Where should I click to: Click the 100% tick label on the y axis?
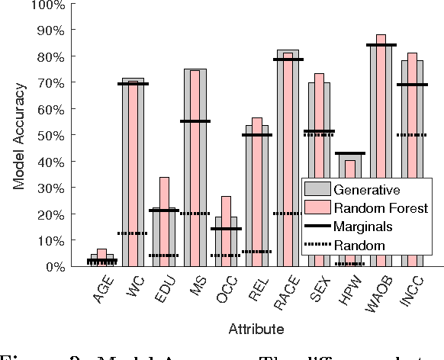pyautogui.click(x=48, y=5)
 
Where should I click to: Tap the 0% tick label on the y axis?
pyautogui.click(x=53, y=266)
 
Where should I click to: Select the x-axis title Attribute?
pyautogui.click(x=256, y=329)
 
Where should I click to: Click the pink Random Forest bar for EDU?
pyautogui.click(x=164, y=221)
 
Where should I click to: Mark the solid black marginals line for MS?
pyautogui.click(x=195, y=121)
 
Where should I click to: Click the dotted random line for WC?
pyautogui.click(x=133, y=233)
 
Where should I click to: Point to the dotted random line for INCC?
pyautogui.click(x=412, y=135)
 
